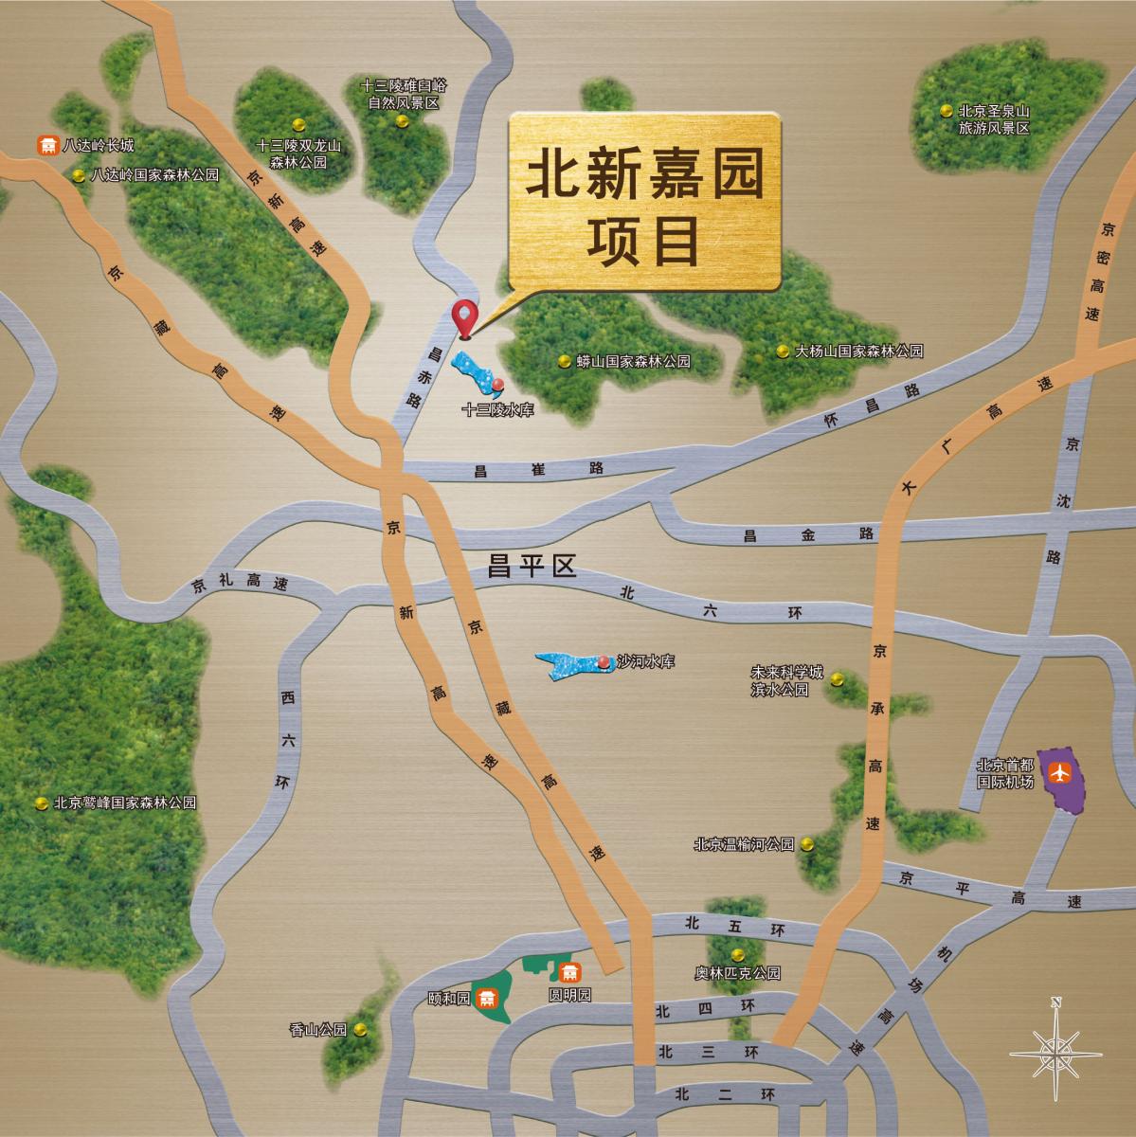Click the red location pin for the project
(465, 316)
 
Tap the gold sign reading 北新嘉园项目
(644, 202)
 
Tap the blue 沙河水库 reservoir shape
(568, 665)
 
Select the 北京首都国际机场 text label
(1003, 774)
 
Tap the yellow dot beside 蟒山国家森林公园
(564, 361)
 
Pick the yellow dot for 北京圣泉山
(946, 111)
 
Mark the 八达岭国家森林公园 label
(154, 175)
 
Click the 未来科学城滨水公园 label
(781, 680)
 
